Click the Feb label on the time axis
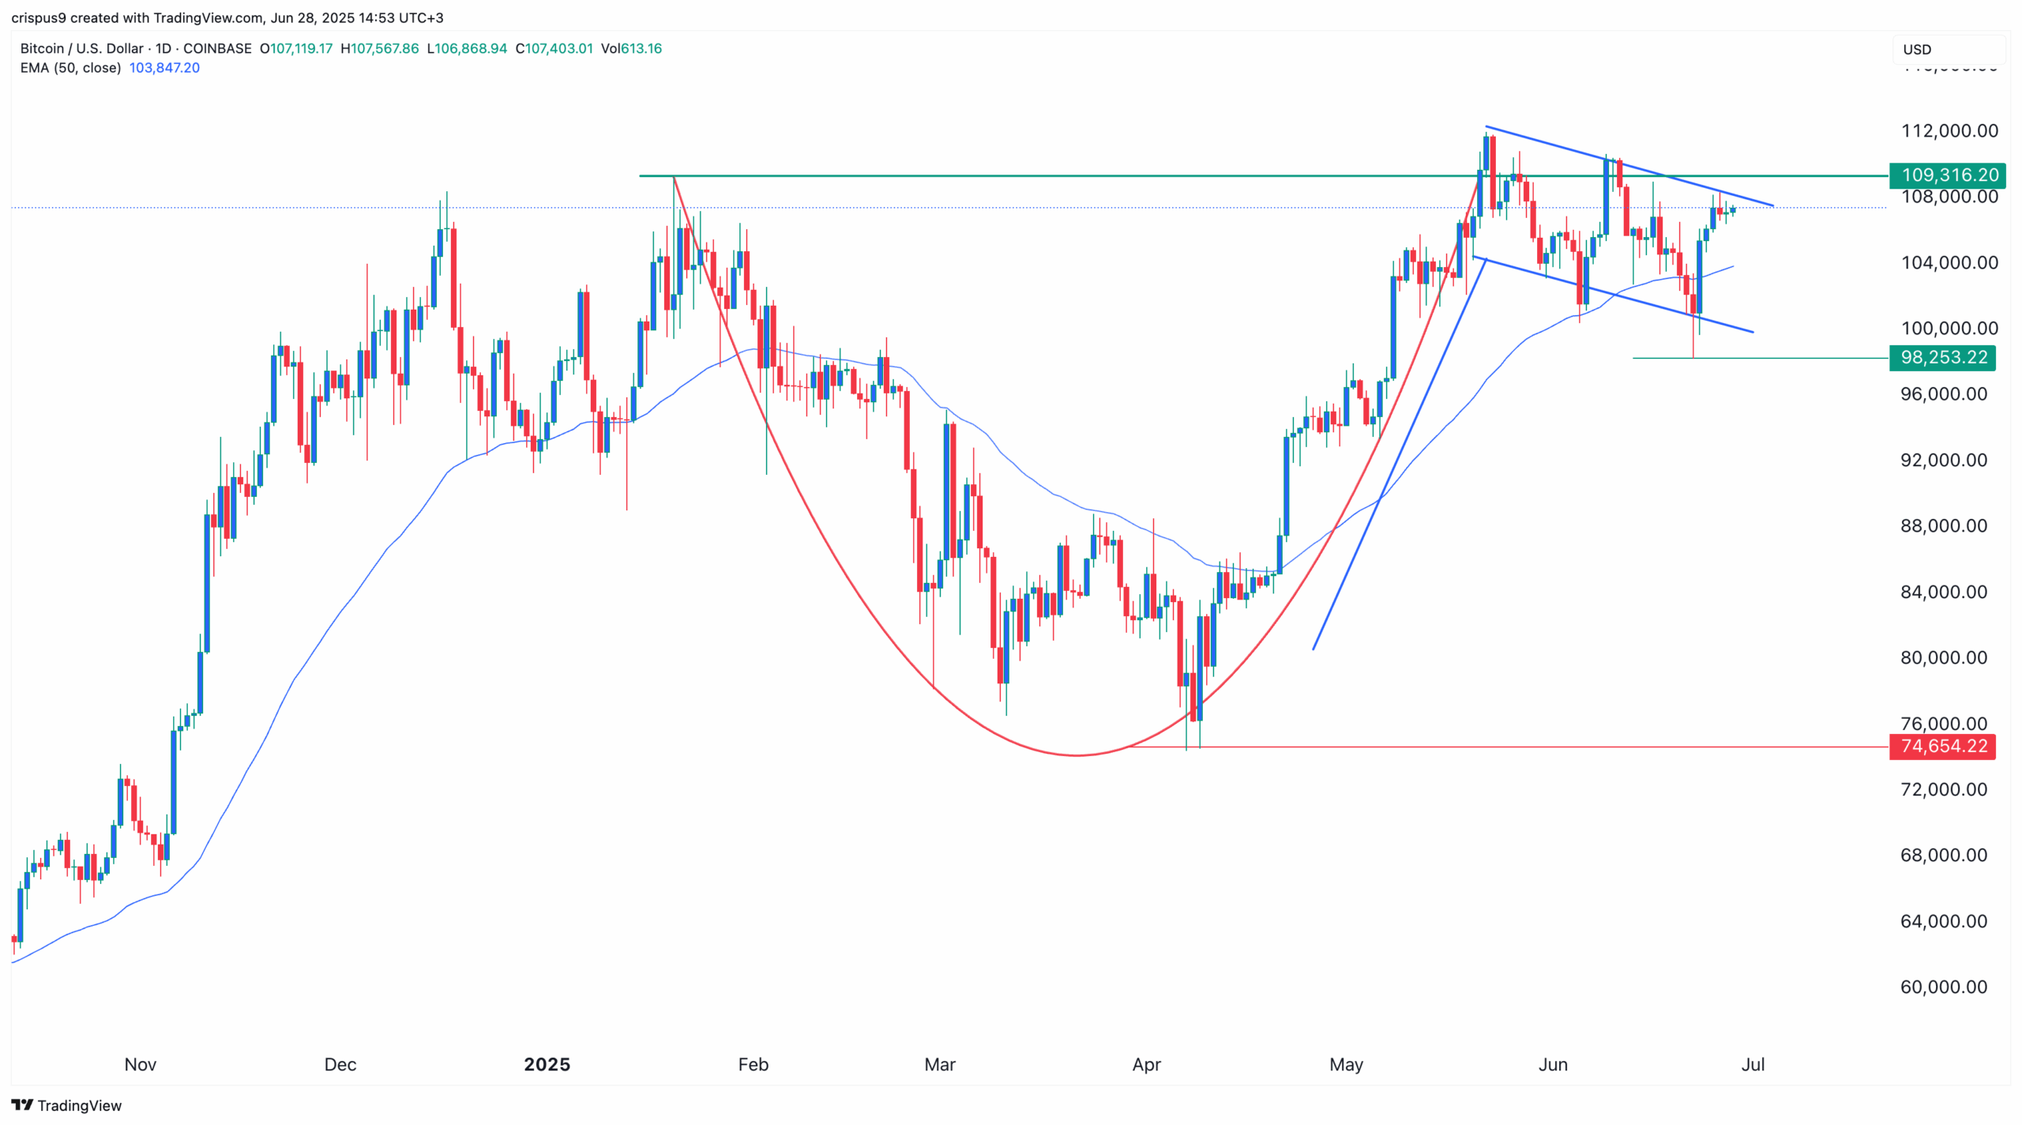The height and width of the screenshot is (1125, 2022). [753, 1064]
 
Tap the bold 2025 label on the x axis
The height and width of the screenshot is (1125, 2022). [547, 1064]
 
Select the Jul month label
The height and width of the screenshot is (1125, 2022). [1753, 1064]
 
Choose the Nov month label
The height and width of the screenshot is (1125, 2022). [141, 1064]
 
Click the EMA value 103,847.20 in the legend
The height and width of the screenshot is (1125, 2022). [164, 68]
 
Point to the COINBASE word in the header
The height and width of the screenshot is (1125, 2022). [217, 48]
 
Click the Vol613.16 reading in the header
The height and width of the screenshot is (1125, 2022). [631, 48]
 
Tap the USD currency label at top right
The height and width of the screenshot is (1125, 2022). [1917, 49]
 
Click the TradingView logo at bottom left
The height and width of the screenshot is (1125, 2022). [66, 1105]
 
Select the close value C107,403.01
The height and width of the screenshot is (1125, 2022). [554, 48]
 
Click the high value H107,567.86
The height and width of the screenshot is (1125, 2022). [380, 48]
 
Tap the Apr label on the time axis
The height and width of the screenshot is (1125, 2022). [1146, 1064]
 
